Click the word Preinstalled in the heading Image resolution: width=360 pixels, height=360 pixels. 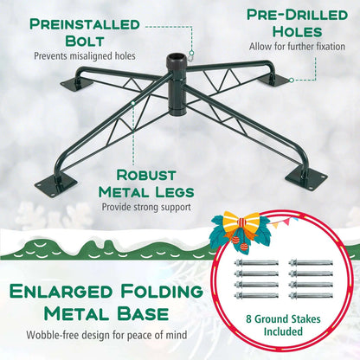85,24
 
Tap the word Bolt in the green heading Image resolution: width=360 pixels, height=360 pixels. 85,42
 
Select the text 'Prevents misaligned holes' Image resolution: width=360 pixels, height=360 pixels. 85,56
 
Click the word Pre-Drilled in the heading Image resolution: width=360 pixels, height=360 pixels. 297,15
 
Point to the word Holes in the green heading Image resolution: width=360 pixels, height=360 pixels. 297,32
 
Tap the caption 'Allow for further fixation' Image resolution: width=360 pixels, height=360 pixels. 297,47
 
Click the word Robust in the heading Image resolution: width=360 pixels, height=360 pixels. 146,175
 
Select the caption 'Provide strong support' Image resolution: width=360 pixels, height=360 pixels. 146,207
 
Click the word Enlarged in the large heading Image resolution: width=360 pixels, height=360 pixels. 61,292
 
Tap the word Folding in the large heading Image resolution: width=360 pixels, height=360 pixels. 162,291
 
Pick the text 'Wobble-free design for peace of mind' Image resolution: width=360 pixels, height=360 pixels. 106,335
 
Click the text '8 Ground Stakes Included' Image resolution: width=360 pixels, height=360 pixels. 283,325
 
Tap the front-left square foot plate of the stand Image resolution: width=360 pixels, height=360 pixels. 56,185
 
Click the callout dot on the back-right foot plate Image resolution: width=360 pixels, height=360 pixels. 292,80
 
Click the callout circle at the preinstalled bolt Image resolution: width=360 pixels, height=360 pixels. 191,53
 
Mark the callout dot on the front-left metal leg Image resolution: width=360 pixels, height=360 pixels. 133,103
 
